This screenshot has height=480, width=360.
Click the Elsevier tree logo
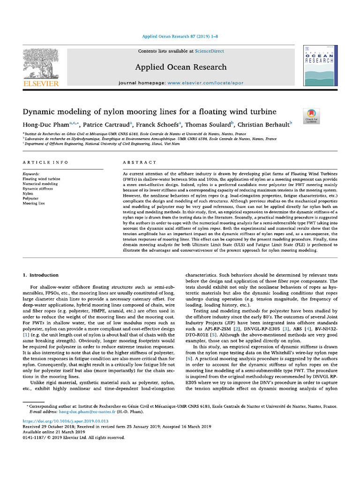[41, 63]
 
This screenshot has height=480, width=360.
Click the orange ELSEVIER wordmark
[41, 83]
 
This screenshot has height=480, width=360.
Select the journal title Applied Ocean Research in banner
[180, 67]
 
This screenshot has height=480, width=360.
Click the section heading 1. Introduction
[41, 275]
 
